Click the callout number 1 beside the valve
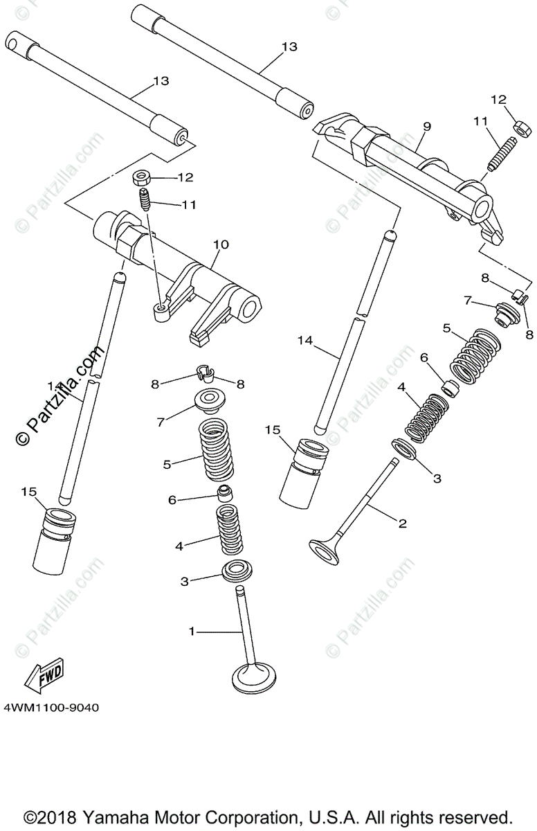pyautogui.click(x=192, y=631)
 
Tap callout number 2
pyautogui.click(x=403, y=524)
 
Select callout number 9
pyautogui.click(x=426, y=126)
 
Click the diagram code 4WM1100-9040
pyautogui.click(x=51, y=708)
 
